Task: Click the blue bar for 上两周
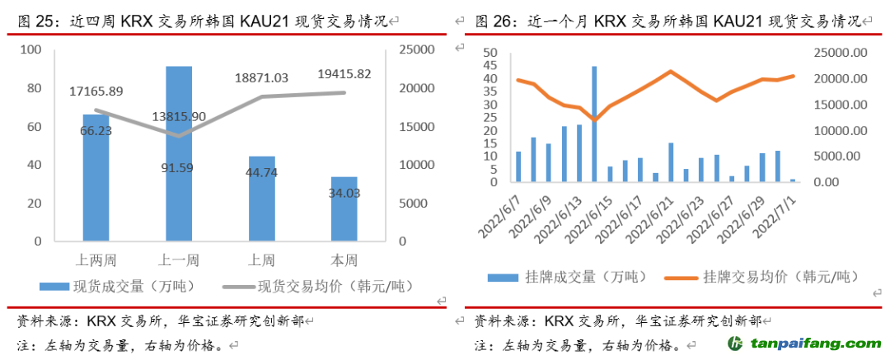pyautogui.click(x=96, y=177)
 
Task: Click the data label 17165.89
pyautogui.click(x=96, y=91)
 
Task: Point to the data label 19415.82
pyautogui.click(x=344, y=74)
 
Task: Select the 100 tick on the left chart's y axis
pyautogui.click(x=30, y=50)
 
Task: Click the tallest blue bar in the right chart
pyautogui.click(x=594, y=124)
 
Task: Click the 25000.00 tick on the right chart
pyautogui.click(x=840, y=54)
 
